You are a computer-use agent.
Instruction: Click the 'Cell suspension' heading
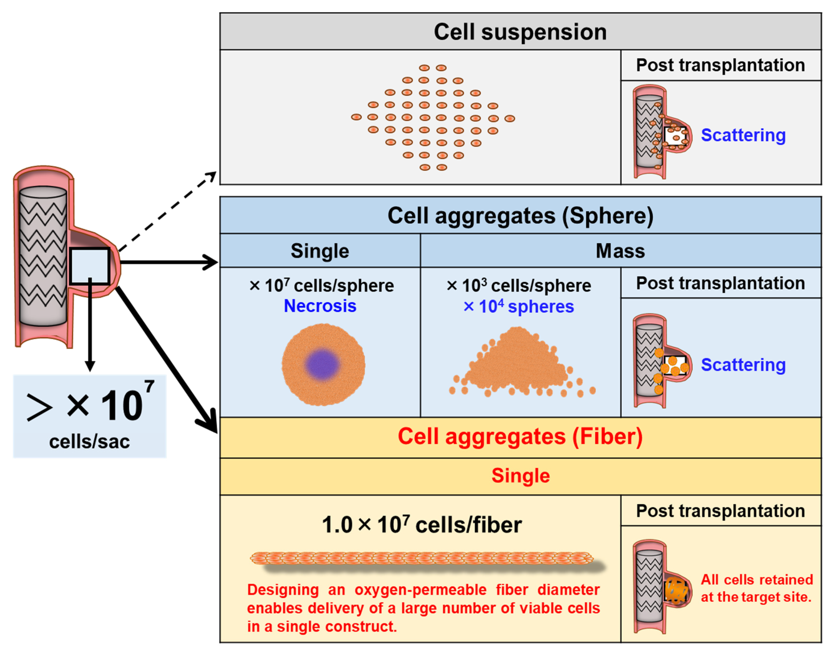[x=520, y=32]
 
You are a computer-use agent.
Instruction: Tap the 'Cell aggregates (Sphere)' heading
[x=520, y=216]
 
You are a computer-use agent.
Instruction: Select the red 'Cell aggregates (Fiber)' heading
[x=520, y=437]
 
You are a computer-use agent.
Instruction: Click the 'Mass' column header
[x=620, y=251]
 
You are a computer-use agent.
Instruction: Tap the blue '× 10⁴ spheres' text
[x=519, y=307]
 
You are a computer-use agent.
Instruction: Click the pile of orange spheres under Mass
[x=517, y=364]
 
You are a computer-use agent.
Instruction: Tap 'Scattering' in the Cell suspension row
[x=743, y=135]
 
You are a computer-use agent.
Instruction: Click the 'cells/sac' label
[x=89, y=441]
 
